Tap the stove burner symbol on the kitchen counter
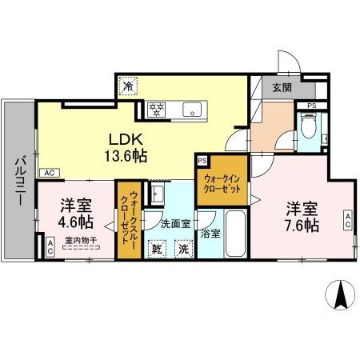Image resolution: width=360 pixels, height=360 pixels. pos(156,109)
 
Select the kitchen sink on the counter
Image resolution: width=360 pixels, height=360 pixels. pos(193,109)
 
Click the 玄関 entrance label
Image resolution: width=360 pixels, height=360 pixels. pos(282,88)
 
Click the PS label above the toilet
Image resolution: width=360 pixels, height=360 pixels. pos(310,105)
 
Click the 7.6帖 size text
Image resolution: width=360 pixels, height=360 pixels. pos(302,225)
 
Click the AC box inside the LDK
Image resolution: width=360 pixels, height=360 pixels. pos(48,173)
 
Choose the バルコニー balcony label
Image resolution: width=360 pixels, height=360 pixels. pos(18,178)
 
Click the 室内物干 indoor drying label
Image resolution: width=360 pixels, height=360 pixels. pos(80,240)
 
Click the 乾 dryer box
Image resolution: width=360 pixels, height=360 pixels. pos(158,250)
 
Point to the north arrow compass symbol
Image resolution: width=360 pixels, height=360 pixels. pos(339,296)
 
